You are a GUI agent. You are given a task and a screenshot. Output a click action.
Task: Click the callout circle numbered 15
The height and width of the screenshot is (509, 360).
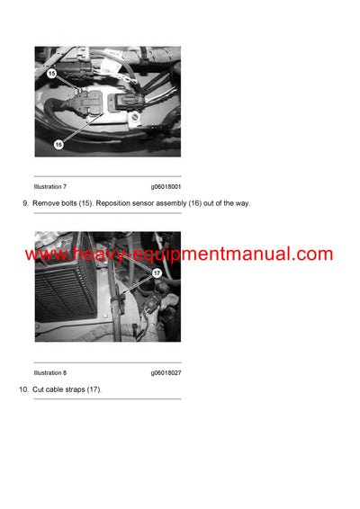click(x=51, y=72)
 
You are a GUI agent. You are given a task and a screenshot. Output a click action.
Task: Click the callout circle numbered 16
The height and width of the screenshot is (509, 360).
click(x=58, y=143)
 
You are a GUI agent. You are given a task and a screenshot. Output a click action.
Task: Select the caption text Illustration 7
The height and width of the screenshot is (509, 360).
click(x=49, y=186)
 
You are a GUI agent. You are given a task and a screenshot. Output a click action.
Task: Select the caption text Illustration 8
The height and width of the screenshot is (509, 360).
click(x=49, y=372)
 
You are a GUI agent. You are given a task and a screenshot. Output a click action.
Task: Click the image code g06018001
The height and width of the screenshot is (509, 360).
click(x=166, y=186)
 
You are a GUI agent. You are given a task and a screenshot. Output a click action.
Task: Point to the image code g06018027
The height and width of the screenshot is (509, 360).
click(x=166, y=372)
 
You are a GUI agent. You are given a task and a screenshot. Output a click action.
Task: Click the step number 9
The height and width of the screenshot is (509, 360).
click(x=25, y=203)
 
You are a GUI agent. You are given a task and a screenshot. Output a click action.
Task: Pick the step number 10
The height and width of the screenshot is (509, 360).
click(x=23, y=389)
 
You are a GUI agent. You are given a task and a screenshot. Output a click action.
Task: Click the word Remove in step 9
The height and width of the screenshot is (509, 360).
click(x=46, y=203)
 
